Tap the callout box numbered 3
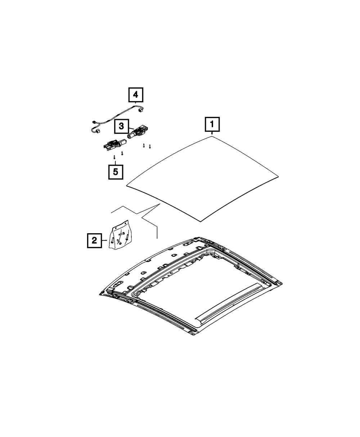pyautogui.click(x=121, y=126)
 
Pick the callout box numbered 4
pyautogui.click(x=135, y=95)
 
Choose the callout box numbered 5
pyautogui.click(x=115, y=172)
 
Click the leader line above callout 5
pyautogui.click(x=115, y=162)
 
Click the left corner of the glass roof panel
pyautogui.click(x=127, y=186)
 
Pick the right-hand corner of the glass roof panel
pyautogui.click(x=279, y=176)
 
